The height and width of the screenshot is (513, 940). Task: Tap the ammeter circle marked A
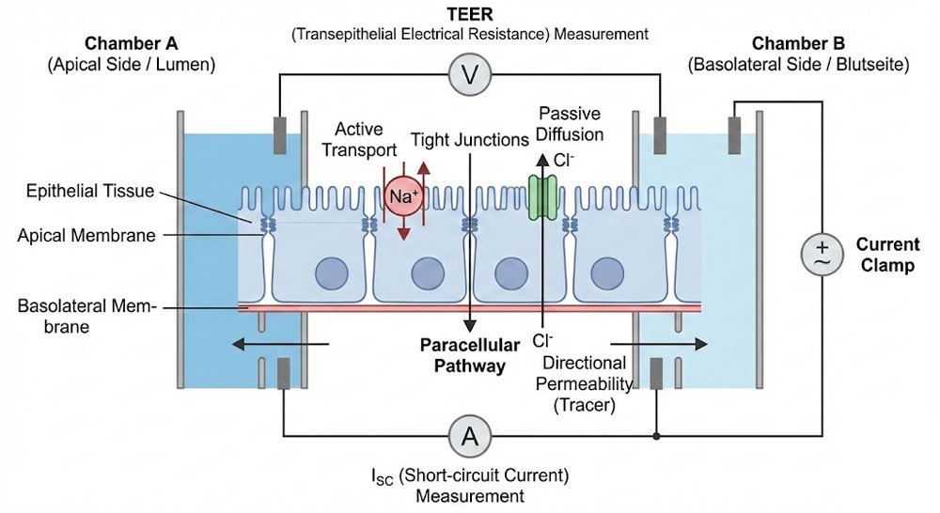click(468, 435)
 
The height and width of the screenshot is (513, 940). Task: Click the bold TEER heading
click(469, 14)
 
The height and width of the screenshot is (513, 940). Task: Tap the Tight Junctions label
click(469, 140)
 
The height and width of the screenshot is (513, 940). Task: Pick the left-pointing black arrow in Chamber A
click(274, 345)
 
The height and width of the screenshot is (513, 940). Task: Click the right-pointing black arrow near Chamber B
click(658, 345)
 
